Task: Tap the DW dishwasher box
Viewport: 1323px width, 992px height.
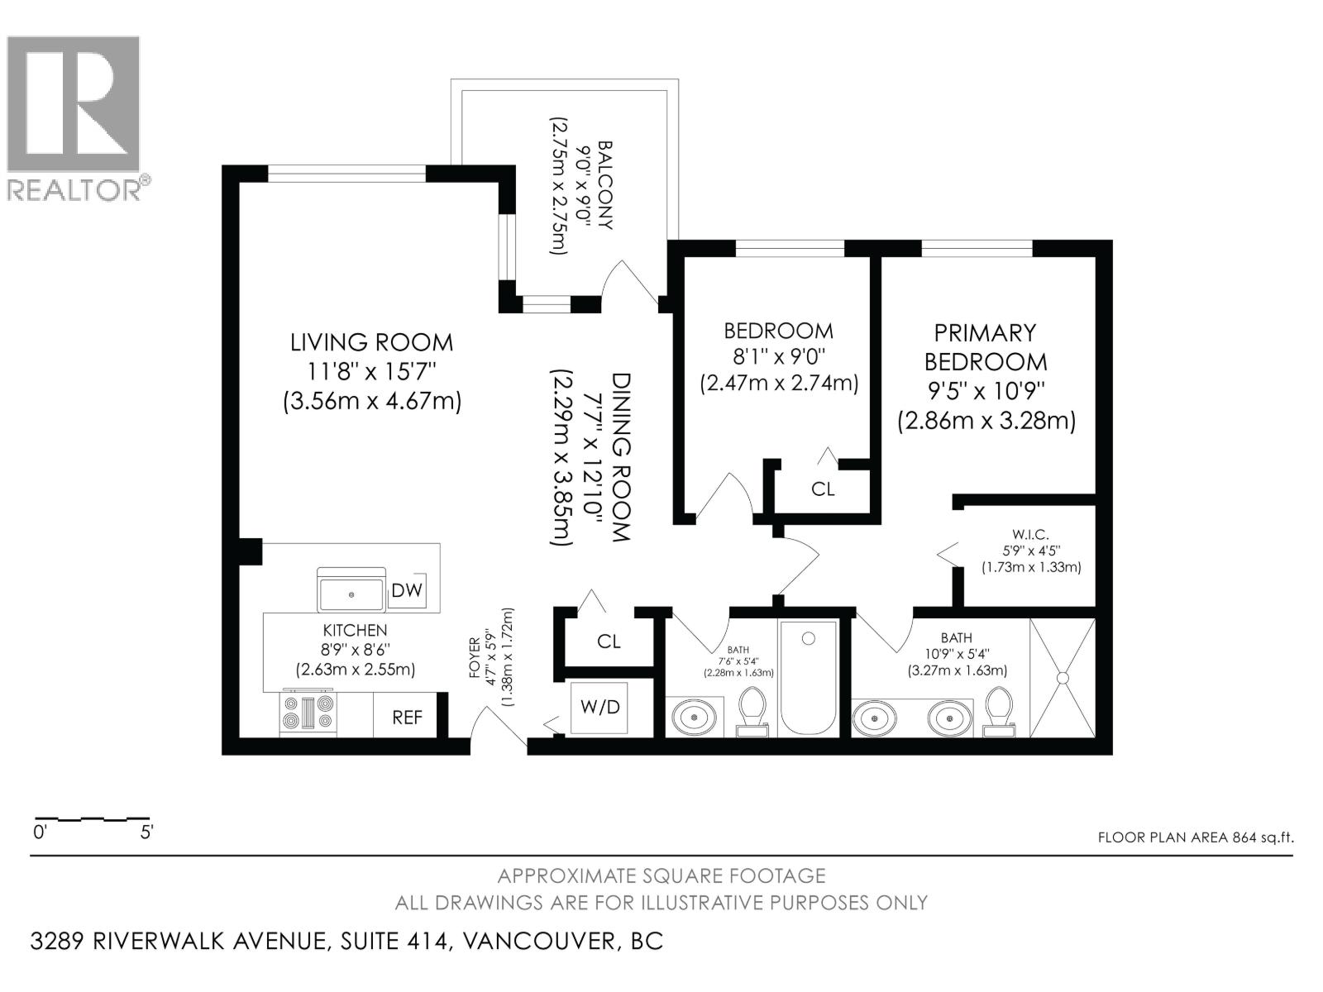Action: (407, 589)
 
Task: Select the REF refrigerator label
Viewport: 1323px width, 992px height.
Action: (407, 717)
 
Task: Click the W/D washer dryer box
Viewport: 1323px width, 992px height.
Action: (599, 708)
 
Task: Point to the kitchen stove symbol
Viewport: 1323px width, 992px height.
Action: (308, 713)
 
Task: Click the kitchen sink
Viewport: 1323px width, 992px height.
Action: (352, 592)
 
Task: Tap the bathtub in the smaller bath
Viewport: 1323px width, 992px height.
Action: (809, 677)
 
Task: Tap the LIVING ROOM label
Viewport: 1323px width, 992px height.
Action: (371, 342)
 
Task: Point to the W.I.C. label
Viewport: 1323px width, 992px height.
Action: (1030, 535)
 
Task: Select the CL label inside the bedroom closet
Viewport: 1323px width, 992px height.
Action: (823, 489)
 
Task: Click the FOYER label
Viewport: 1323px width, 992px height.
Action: (475, 657)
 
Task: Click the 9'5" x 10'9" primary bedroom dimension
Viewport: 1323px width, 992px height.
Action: (986, 390)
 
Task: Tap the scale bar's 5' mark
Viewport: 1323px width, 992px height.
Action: (147, 832)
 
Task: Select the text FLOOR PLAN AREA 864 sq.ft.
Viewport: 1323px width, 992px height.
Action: (1195, 837)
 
